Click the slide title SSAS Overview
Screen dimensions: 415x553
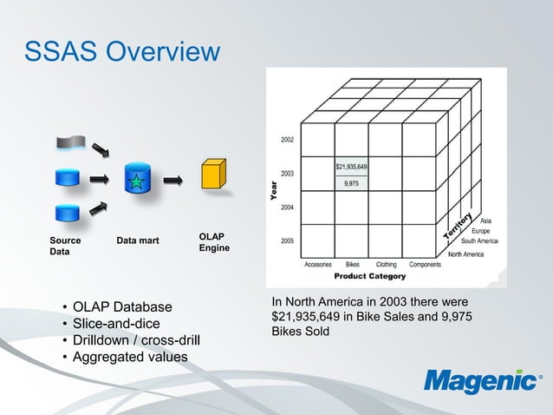[121, 52]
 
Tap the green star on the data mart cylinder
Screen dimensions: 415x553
[137, 181]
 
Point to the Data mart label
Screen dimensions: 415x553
[138, 240]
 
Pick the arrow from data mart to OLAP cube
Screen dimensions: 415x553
[173, 181]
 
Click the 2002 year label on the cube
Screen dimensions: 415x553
[286, 139]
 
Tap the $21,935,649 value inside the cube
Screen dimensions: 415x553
[351, 166]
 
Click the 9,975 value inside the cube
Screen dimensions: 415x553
[352, 183]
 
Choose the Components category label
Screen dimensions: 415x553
[425, 264]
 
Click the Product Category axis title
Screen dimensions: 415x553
[370, 276]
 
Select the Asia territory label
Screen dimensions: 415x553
[486, 221]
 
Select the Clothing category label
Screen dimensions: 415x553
[387, 264]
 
